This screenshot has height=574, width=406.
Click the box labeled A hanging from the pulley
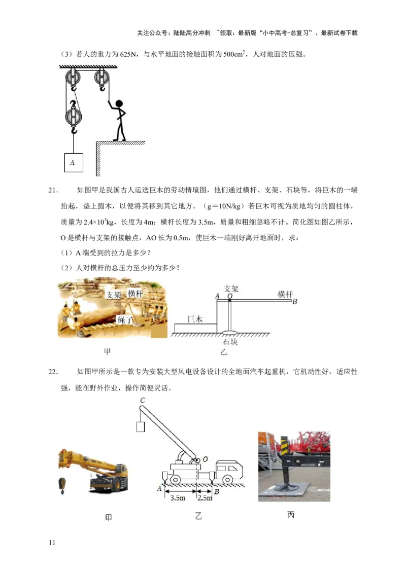pyautogui.click(x=73, y=162)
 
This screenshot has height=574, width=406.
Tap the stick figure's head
pyautogui.click(x=119, y=104)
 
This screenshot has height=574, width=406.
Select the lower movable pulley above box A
pyautogui.click(x=74, y=116)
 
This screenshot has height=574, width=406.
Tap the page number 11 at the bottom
pyautogui.click(x=51, y=543)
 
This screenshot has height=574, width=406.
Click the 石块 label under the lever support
pyautogui.click(x=230, y=342)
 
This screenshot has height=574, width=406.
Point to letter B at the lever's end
pyautogui.click(x=294, y=302)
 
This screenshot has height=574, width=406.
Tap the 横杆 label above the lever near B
pyautogui.click(x=285, y=294)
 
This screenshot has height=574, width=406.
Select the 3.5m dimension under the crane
pyautogui.click(x=177, y=498)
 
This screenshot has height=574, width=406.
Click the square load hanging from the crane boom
pyautogui.click(x=140, y=427)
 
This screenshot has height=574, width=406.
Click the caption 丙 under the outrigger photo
pyautogui.click(x=290, y=515)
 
